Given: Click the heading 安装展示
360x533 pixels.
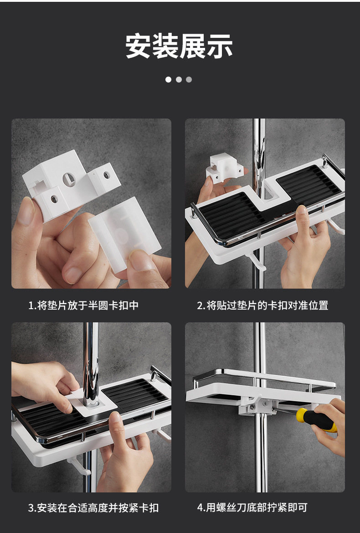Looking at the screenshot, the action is tap(179, 46).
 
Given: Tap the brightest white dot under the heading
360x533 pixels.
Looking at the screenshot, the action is tap(168, 79).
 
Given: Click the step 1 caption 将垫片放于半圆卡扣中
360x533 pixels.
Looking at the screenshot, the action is tap(88, 305).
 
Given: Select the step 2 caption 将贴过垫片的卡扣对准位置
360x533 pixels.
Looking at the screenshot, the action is tap(267, 305).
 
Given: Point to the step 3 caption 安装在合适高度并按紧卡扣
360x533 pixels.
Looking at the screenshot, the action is tap(98, 508).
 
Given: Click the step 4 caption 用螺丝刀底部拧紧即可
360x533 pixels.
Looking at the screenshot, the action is tap(257, 507).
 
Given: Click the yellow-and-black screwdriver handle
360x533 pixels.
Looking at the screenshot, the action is tap(317, 420).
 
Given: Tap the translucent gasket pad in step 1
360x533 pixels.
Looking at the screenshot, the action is tap(125, 234).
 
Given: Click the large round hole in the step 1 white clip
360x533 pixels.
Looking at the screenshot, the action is tap(69, 179).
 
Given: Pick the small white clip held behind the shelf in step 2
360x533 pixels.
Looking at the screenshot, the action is tap(224, 169).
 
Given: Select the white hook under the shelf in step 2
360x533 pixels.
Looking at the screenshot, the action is tap(257, 261).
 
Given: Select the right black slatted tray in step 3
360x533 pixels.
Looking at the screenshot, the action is tap(135, 394).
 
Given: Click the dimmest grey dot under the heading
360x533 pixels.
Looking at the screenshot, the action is tap(189, 79).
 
